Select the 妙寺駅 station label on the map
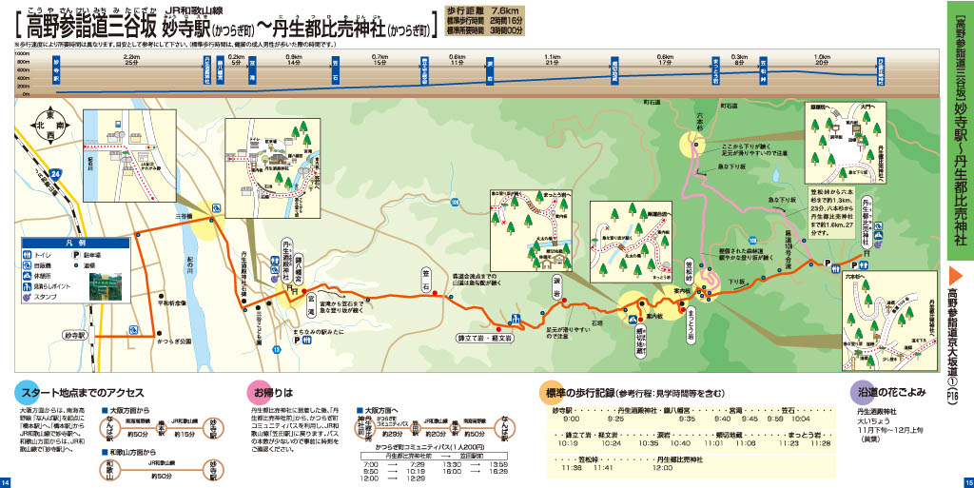coord(75,336)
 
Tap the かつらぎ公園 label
coord(175,339)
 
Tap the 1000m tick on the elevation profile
coord(23,56)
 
